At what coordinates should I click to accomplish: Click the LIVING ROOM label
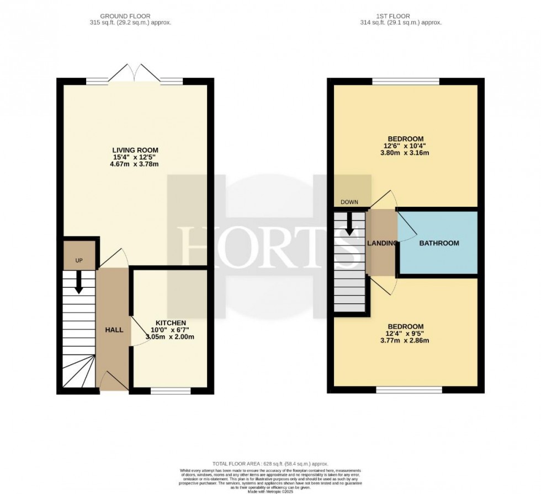135,150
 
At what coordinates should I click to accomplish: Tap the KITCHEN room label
170,323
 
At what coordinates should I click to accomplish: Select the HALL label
114,330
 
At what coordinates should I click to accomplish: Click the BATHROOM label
439,243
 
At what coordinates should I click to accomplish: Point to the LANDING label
382,243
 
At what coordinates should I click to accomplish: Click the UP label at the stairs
79,260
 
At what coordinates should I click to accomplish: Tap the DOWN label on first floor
349,202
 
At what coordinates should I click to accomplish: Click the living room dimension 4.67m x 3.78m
135,164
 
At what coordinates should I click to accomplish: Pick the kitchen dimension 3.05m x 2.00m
170,337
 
